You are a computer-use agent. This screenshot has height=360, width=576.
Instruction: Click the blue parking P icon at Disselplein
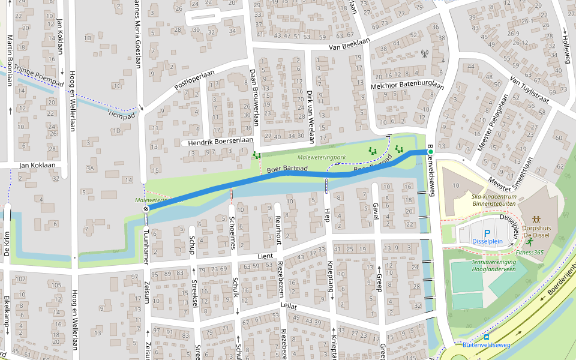pos(487,232)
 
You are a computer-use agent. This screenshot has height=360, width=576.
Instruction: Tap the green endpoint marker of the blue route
pos(430,152)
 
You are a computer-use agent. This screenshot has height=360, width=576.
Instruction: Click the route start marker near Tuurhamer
pos(146,209)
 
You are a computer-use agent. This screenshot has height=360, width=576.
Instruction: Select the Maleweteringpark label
pos(322,158)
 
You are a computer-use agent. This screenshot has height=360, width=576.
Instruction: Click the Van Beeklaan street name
pos(350,46)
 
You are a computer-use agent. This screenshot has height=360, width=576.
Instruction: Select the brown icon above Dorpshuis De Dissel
pos(536,220)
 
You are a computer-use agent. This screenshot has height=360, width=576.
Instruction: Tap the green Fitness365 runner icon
pos(529,242)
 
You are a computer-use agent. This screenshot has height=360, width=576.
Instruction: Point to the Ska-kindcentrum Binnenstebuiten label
pos(494,200)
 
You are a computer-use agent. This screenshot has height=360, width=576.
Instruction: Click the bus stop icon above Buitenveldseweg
pos(486,337)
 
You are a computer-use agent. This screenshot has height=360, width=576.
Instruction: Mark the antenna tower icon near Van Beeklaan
pos(425,53)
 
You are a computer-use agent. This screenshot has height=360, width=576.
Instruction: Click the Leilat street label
pos(289,305)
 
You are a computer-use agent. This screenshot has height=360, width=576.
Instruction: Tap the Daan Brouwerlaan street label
pos(254,96)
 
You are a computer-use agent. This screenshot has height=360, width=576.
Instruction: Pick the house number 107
pos(21,278)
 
